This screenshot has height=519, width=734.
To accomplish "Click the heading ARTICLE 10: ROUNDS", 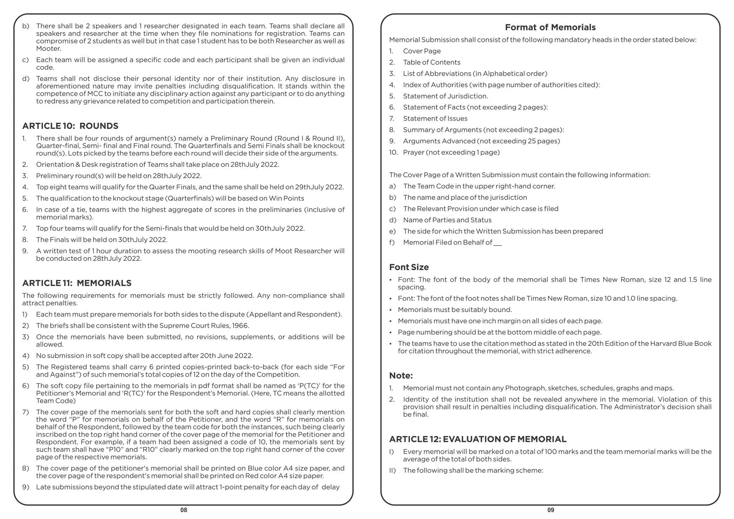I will [x=70, y=126].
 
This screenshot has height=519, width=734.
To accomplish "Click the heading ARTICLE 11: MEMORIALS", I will [x=77, y=283].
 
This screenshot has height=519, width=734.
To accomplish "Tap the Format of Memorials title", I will [x=550, y=27].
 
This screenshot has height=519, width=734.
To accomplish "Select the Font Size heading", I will [x=409, y=267].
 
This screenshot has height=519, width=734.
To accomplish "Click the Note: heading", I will [x=401, y=376].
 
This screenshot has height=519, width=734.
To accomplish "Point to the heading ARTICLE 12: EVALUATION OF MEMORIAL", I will [x=478, y=439].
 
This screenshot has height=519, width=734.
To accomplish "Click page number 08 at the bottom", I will [x=183, y=510].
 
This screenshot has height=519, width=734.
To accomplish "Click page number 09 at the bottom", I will [x=551, y=510].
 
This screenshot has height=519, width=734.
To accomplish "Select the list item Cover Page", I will [x=422, y=51].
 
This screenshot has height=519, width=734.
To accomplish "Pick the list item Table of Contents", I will [x=432, y=62].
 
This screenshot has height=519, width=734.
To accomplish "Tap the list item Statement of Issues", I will [x=435, y=119].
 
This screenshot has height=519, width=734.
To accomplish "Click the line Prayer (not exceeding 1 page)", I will [x=451, y=152].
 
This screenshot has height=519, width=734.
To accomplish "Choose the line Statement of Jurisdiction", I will [x=445, y=96].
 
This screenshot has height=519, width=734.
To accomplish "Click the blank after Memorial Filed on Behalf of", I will [x=497, y=243].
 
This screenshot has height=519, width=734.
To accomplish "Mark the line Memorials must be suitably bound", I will [x=455, y=310].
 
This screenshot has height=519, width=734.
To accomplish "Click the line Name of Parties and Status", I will [x=447, y=220].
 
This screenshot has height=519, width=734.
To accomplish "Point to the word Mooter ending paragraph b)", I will [x=48, y=49].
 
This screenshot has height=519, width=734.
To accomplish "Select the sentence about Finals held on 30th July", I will [x=102, y=240].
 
